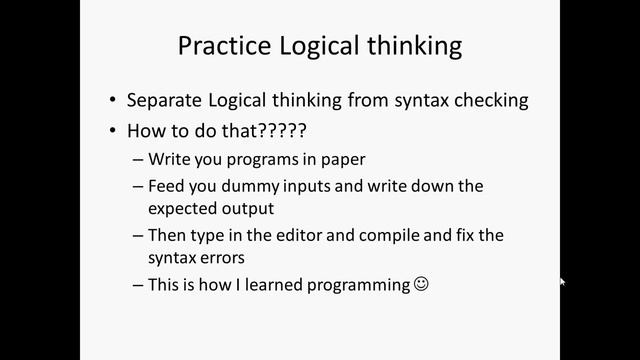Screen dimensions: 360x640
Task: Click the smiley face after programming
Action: pyautogui.click(x=421, y=284)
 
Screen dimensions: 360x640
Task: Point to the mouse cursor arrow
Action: pyautogui.click(x=563, y=283)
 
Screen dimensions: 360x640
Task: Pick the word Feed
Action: pyautogui.click(x=165, y=186)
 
